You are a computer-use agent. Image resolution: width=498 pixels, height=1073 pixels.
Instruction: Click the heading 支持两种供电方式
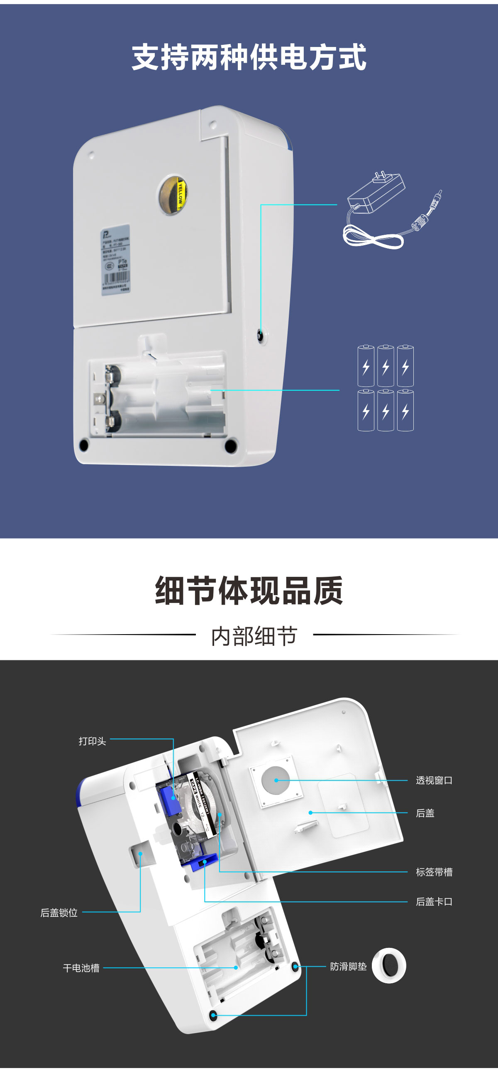pos(249,57)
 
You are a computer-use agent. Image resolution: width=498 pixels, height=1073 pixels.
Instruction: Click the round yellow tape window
pos(172,194)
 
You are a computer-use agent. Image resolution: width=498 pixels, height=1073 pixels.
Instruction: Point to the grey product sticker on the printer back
pos(116,259)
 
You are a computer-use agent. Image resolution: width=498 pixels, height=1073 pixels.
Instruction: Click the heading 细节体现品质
pos(249,590)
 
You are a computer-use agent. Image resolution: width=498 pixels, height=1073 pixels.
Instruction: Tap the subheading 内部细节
pos(254,636)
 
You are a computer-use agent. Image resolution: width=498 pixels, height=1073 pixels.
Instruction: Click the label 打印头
pos(93,741)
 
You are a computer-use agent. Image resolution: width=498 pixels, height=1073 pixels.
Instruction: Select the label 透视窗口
pos(434,780)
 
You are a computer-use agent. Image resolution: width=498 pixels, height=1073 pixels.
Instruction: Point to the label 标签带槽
pos(434,872)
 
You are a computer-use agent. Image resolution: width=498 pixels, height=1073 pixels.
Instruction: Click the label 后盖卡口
pos(434,902)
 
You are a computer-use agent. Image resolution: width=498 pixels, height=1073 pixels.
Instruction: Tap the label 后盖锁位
pos(59,913)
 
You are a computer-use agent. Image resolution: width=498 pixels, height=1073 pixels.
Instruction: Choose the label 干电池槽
pos(81,968)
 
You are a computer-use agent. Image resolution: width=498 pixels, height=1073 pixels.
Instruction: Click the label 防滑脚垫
pos(348,966)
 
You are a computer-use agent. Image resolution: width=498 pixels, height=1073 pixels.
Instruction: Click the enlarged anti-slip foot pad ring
pos(389,965)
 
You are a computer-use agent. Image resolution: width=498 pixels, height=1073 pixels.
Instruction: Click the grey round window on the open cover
pos(276,780)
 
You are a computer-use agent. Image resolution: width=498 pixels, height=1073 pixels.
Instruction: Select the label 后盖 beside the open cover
pos(425,813)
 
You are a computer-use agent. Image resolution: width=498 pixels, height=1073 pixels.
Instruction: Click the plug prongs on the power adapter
pos(379,176)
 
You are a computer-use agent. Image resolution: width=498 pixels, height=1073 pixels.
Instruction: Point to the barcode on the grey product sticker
pos(117,278)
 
